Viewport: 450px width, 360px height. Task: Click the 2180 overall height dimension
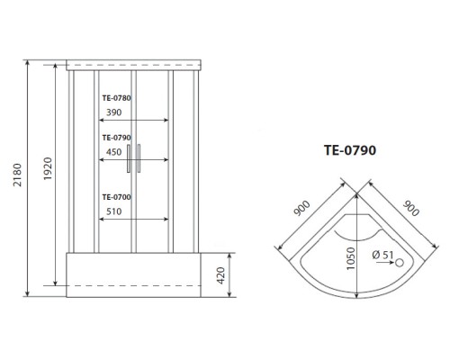(17, 175)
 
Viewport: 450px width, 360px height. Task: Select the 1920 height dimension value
(48, 168)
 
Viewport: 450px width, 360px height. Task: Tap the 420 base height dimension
(220, 275)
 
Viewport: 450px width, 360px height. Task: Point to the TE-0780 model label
(116, 98)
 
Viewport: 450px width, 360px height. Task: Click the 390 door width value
(114, 112)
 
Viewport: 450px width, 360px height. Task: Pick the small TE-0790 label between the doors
(116, 138)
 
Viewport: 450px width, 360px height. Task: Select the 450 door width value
(114, 152)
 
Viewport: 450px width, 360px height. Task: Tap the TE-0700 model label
(116, 197)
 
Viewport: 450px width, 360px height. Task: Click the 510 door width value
(114, 211)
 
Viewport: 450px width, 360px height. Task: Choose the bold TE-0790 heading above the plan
(350, 150)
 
